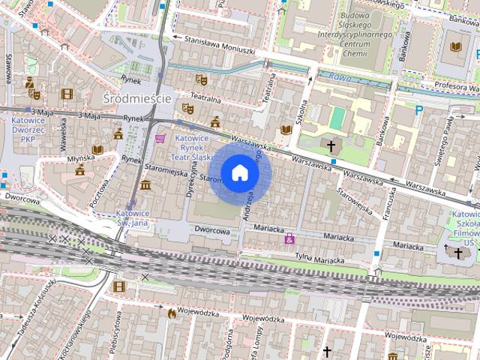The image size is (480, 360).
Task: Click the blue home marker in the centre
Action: click(x=239, y=173)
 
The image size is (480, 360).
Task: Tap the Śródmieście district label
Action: click(x=137, y=98)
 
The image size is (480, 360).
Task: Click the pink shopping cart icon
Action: click(x=160, y=138)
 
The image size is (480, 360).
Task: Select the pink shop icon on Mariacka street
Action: click(x=289, y=238)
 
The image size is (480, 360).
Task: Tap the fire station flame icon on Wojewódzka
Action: click(x=172, y=312)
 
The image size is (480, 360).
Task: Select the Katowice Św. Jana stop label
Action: click(x=132, y=217)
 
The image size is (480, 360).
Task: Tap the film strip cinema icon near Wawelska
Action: click(x=67, y=94)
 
